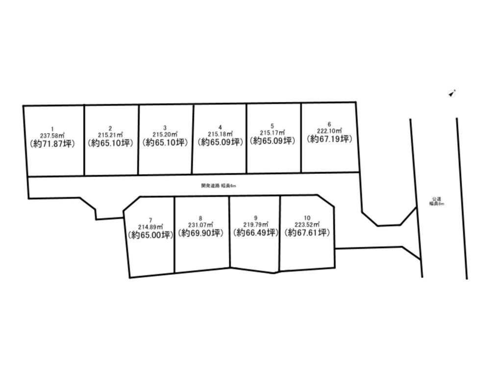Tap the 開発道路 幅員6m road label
coord(219,185)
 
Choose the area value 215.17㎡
coord(272,133)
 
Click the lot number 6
coord(330,124)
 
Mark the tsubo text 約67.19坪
coord(330,139)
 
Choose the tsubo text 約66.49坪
coord(256,233)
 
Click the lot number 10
coord(307,218)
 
